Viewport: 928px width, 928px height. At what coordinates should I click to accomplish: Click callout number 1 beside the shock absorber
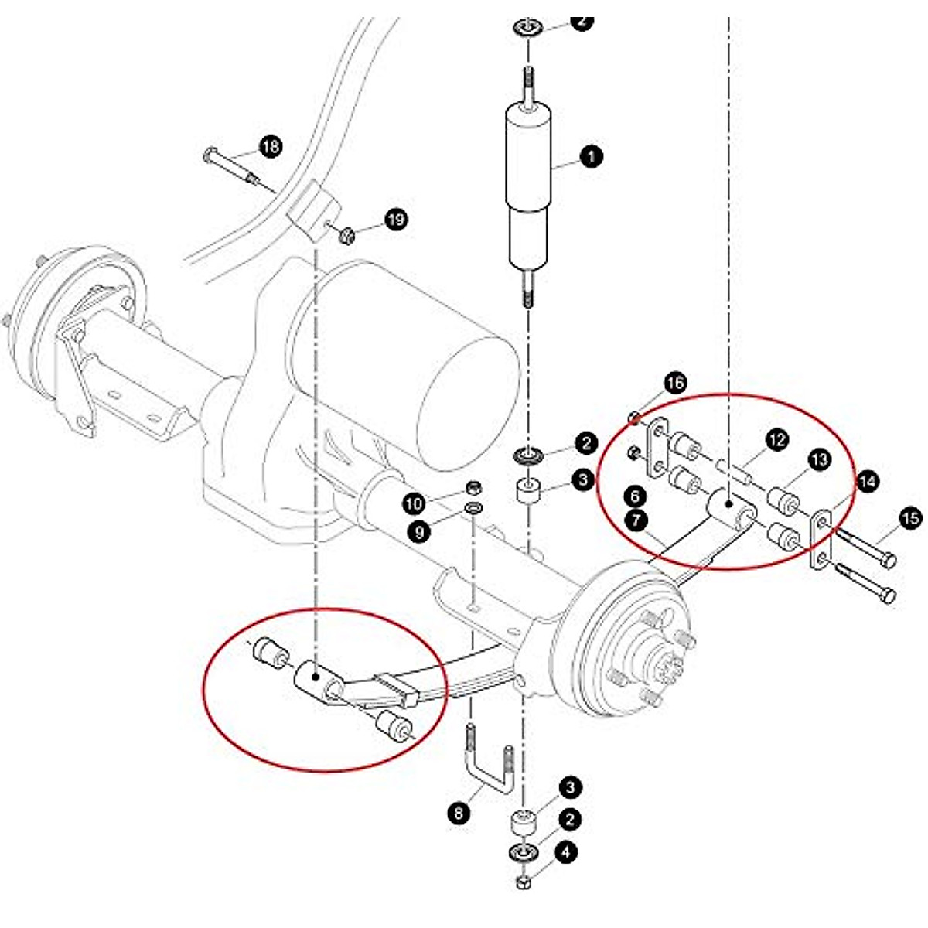pos(592,157)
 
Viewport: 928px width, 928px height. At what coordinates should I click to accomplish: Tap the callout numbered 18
pos(271,146)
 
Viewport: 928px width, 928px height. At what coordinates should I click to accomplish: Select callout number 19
pos(396,220)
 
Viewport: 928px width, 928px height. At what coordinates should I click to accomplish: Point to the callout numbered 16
pos(675,383)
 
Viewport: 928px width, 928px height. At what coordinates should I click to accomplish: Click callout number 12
pos(777,440)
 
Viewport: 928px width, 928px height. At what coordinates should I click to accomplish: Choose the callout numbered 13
pos(819,459)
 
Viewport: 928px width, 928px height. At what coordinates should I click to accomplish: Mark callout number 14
pos(867,481)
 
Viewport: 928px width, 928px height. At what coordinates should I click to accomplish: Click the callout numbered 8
pos(459,813)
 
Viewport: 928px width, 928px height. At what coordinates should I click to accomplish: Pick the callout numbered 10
pos(415,504)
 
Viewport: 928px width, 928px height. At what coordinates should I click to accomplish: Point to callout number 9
pos(418,533)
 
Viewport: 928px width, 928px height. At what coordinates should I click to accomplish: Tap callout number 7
pos(636,520)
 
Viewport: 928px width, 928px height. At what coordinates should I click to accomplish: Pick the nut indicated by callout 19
pos(346,231)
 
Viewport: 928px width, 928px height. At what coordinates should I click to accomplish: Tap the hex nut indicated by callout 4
pos(523,882)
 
